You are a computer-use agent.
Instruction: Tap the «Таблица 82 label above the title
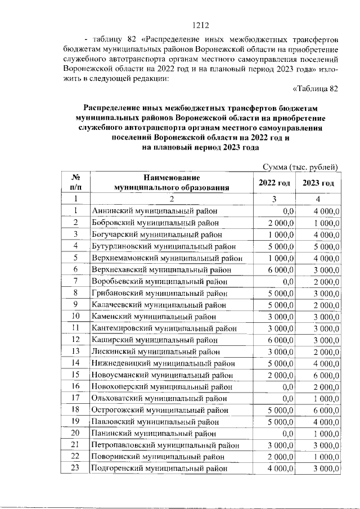point(316,88)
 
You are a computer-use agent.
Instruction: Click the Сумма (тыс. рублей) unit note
point(301,167)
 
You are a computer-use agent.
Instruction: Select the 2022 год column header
point(274,183)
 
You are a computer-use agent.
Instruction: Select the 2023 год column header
point(318,183)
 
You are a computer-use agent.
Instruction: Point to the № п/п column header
point(75,183)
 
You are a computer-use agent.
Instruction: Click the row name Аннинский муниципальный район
point(155,211)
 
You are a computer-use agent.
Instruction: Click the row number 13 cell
point(75,352)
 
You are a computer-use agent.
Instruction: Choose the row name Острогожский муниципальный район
point(160,410)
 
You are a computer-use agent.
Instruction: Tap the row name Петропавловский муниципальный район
point(163,445)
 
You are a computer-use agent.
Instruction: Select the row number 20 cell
point(75,433)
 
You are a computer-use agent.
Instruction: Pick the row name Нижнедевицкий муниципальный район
point(163,363)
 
